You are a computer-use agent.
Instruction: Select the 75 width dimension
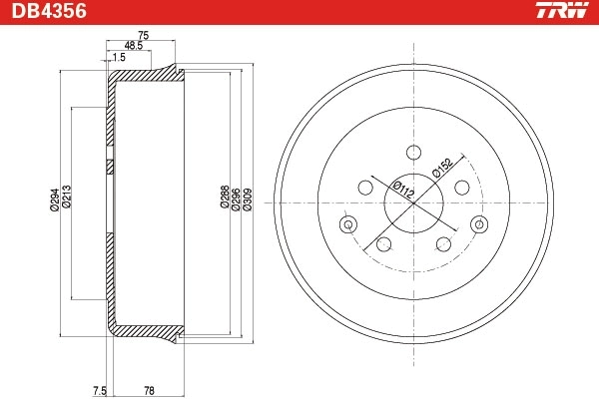(x=143, y=35)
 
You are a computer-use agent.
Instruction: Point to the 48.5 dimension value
(x=132, y=46)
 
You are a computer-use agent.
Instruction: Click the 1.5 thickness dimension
(x=119, y=58)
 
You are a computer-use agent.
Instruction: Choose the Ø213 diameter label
(x=66, y=199)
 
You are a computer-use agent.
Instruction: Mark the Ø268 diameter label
(x=225, y=199)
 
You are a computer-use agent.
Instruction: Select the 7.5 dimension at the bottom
(x=98, y=389)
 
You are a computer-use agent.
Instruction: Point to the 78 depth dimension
(x=150, y=389)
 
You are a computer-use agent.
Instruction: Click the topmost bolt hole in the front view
(x=412, y=151)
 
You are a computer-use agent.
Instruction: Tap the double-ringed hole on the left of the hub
(x=347, y=224)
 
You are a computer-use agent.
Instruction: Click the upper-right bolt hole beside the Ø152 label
(x=461, y=188)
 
